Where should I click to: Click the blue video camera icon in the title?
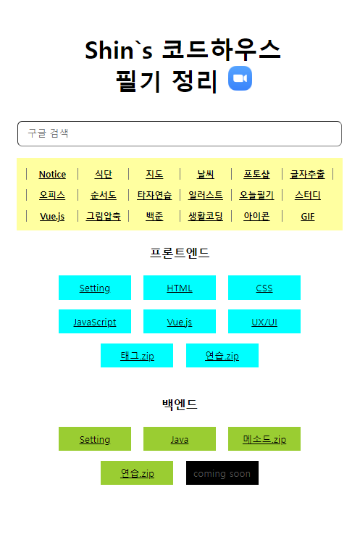point(240,78)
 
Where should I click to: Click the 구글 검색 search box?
point(180,133)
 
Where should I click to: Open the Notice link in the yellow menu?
point(52,175)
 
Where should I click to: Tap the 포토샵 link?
point(256,175)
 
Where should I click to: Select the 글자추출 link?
point(307,175)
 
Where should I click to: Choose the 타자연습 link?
point(154,196)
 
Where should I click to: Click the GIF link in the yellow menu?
point(308,217)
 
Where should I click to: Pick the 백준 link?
point(154,217)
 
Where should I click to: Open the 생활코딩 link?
point(205,217)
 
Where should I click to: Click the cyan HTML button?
point(180,288)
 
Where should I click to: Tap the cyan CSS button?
point(264,288)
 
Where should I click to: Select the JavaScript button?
point(95,321)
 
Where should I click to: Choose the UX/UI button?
point(264,321)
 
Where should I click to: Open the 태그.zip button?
point(137,356)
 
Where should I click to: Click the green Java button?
point(180,438)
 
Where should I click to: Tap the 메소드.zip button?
point(264,438)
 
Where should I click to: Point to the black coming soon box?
point(222,473)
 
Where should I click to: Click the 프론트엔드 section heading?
point(180,253)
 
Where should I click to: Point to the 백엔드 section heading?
point(180,404)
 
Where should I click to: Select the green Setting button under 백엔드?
point(95,438)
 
